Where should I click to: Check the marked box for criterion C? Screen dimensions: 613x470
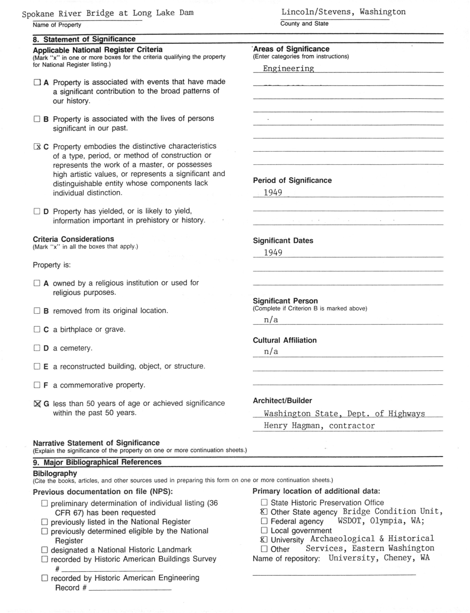pyautogui.click(x=37, y=147)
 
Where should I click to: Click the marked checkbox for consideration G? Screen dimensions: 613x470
pyautogui.click(x=37, y=404)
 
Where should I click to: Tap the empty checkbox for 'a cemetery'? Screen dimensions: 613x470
pyautogui.click(x=37, y=348)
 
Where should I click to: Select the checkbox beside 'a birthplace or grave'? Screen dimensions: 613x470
pyautogui.click(x=37, y=329)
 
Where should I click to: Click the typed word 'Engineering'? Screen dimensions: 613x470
pyautogui.click(x=288, y=68)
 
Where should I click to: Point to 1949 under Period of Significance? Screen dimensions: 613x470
pyautogui.click(x=273, y=193)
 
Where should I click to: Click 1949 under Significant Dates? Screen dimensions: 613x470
pyautogui.click(x=273, y=253)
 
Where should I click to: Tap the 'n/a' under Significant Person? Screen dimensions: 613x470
pyautogui.click(x=271, y=320)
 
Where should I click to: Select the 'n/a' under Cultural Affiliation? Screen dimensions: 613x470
pyautogui.click(x=271, y=352)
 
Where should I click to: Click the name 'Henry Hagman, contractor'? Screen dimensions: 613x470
pyautogui.click(x=319, y=426)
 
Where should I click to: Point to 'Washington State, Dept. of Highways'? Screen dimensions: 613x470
pyautogui.click(x=344, y=414)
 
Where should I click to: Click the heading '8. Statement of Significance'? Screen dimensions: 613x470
pyautogui.click(x=84, y=39)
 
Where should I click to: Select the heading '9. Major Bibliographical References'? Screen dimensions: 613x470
pyautogui.click(x=97, y=462)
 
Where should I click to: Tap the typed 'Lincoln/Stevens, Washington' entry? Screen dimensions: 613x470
pyautogui.click(x=343, y=12)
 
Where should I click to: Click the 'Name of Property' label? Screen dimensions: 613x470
pyautogui.click(x=57, y=25)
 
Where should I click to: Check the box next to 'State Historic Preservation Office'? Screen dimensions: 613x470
pyautogui.click(x=264, y=503)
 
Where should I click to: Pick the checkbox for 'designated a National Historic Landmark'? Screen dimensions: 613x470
pyautogui.click(x=45, y=550)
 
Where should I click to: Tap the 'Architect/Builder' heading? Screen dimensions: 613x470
pyautogui.click(x=282, y=401)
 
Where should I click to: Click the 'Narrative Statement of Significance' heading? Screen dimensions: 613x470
pyautogui.click(x=96, y=443)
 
